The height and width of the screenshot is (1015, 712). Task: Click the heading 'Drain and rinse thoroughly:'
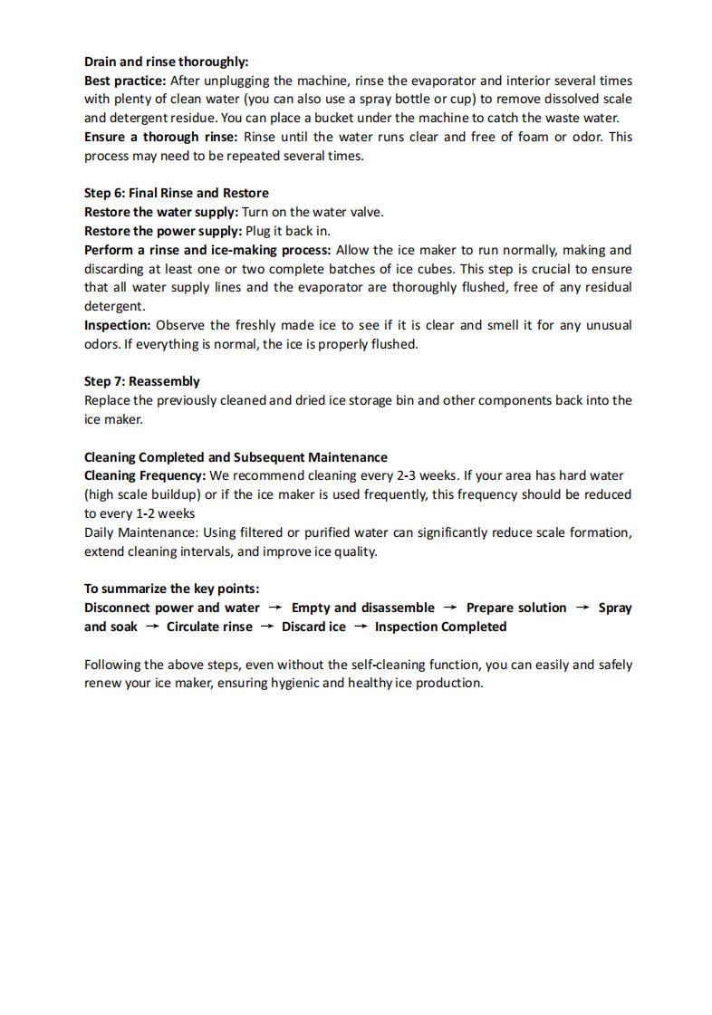pyautogui.click(x=166, y=62)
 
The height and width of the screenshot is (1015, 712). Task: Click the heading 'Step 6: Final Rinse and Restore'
pyautogui.click(x=176, y=193)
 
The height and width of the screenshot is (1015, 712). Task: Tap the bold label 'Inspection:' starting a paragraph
pyautogui.click(x=118, y=325)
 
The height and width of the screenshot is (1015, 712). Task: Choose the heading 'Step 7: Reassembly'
pyautogui.click(x=142, y=381)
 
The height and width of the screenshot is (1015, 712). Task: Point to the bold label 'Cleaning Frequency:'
pyautogui.click(x=145, y=475)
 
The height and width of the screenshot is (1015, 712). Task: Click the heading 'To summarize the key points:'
pyautogui.click(x=171, y=589)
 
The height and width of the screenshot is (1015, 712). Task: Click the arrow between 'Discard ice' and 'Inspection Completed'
pyautogui.click(x=361, y=627)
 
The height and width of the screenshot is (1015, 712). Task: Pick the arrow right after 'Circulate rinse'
pyautogui.click(x=267, y=627)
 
